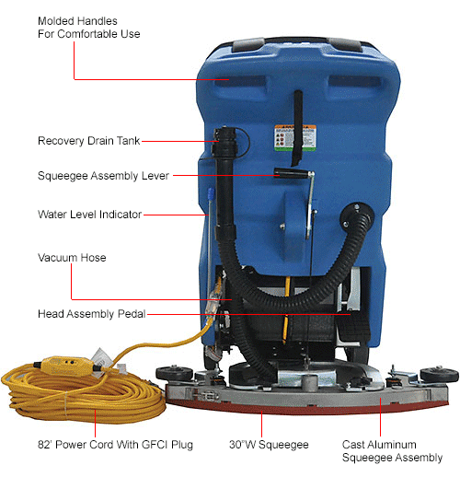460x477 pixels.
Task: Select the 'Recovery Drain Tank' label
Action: click(x=89, y=141)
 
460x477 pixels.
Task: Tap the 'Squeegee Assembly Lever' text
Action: click(x=103, y=175)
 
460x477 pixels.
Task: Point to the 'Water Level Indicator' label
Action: click(x=89, y=215)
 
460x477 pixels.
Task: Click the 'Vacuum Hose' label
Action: click(x=72, y=258)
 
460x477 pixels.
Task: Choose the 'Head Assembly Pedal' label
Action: click(x=91, y=313)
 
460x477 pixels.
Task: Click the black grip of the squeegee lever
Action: click(x=290, y=172)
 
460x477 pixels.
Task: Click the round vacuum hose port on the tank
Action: click(x=353, y=212)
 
